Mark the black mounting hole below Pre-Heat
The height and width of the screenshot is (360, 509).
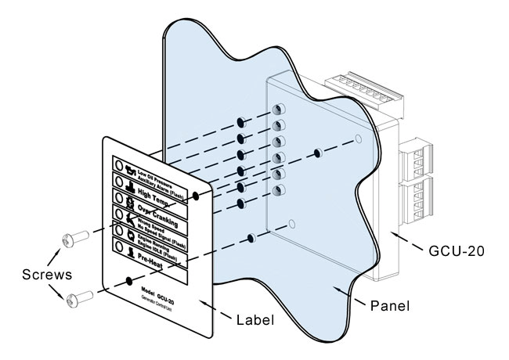(x=127, y=280)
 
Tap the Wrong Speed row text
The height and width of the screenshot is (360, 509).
(x=157, y=223)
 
